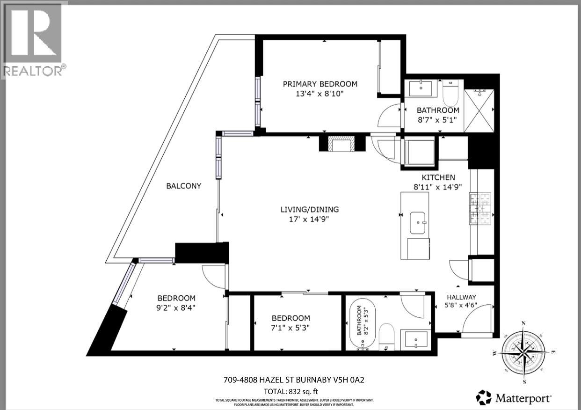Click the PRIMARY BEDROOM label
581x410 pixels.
pos(320,84)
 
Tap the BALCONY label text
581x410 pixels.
pos(184,186)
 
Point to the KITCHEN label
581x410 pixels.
pos(438,177)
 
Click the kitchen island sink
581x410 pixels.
pos(418,222)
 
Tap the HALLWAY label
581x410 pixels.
pos(461,297)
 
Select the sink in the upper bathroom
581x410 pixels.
pos(421,88)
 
